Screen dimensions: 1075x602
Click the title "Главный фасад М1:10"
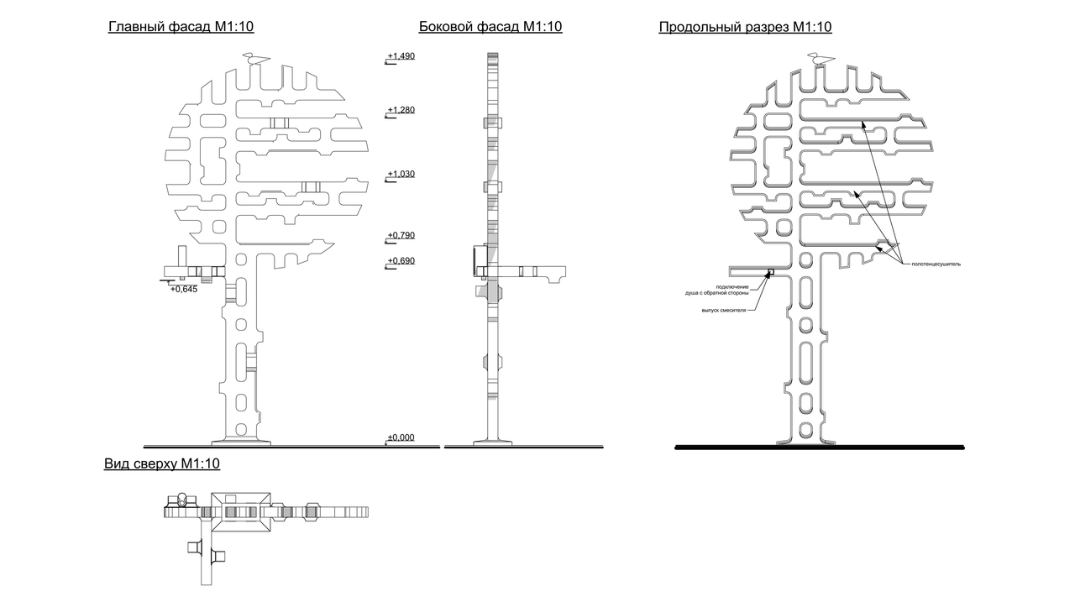pyautogui.click(x=181, y=26)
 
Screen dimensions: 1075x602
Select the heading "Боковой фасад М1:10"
pyautogui.click(x=490, y=26)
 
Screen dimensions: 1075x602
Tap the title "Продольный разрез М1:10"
pyautogui.click(x=745, y=27)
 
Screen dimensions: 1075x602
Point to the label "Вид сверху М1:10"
pyautogui.click(x=162, y=463)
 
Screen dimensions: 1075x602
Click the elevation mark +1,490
pyautogui.click(x=401, y=56)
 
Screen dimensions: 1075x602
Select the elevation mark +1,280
pyautogui.click(x=401, y=110)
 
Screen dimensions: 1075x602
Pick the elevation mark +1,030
pyautogui.click(x=401, y=174)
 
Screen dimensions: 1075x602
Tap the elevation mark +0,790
pyautogui.click(x=401, y=235)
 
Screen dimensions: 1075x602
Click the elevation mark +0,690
pyautogui.click(x=401, y=261)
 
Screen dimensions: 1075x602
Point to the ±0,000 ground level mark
pyautogui.click(x=401, y=437)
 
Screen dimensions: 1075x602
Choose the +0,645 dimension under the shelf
pyautogui.click(x=184, y=290)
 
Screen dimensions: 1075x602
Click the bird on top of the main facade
pyautogui.click(x=254, y=59)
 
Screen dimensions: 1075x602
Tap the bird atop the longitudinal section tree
pyautogui.click(x=821, y=59)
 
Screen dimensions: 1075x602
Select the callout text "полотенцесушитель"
pyautogui.click(x=936, y=264)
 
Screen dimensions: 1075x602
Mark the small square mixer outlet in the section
pyautogui.click(x=771, y=272)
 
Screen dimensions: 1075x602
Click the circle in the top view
pyautogui.click(x=182, y=500)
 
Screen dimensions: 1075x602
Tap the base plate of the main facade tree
pyautogui.click(x=241, y=442)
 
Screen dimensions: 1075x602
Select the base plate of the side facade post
pyautogui.click(x=492, y=442)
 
